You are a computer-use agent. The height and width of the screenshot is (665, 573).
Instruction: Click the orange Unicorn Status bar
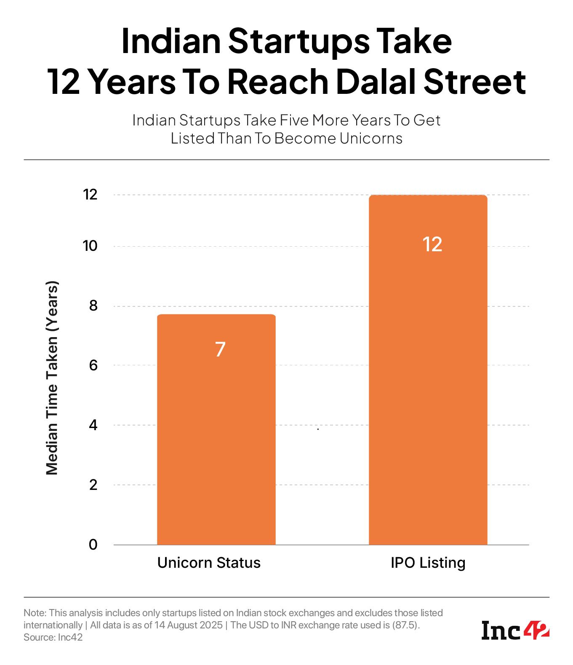point(216,442)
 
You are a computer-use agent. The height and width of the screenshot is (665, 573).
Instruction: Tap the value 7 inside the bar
point(220,349)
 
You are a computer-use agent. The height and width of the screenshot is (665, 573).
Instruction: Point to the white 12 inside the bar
point(432,245)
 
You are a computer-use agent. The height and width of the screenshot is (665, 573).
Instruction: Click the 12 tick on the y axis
point(90,195)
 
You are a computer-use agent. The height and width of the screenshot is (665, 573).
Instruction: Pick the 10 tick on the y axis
point(90,246)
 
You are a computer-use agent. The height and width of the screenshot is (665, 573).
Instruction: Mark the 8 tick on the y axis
point(93,306)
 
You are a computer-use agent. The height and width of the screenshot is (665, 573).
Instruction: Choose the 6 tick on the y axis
point(93,365)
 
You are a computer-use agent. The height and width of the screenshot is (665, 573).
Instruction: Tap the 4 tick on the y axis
point(93,425)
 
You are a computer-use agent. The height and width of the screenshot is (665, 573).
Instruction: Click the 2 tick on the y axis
point(93,485)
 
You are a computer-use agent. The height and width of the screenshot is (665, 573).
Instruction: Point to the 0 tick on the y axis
point(93,545)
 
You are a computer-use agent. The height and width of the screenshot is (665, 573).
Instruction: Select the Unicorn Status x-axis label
point(209,563)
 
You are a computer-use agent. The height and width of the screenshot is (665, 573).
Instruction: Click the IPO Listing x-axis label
point(428,563)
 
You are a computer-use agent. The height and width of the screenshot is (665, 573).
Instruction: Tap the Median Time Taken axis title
point(52,378)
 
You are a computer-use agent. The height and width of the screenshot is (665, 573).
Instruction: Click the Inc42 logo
point(515,630)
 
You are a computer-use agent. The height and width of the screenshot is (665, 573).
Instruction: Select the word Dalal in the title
point(376,81)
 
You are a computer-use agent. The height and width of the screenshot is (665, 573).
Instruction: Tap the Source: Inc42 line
point(53,637)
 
